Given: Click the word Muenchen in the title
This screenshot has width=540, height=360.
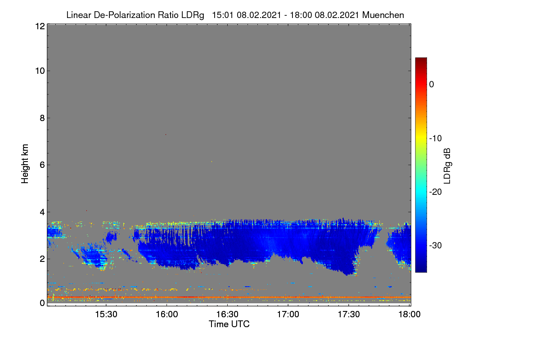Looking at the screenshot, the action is [383, 15].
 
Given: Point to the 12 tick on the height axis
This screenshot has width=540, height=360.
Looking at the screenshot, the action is [40, 26].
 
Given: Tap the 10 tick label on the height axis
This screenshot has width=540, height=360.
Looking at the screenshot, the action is [40, 71].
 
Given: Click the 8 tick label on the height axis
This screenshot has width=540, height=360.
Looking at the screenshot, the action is [42, 118].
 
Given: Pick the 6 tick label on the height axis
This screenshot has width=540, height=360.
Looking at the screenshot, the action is [42, 165].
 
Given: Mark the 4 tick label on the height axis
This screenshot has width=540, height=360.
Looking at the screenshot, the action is [42, 212].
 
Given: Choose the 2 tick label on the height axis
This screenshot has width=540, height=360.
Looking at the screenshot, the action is [42, 259].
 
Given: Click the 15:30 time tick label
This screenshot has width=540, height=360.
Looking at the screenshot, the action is [106, 314].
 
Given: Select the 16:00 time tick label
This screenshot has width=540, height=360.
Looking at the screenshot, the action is [167, 314].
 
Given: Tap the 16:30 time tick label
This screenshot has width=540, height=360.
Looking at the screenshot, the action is [227, 314].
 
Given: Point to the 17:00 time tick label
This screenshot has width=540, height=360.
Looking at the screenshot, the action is [288, 314].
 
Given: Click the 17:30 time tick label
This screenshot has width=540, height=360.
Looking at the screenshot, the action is [349, 314].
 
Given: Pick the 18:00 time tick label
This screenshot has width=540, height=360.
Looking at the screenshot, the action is [409, 314].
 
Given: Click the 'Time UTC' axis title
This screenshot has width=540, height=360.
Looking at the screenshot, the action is [229, 324].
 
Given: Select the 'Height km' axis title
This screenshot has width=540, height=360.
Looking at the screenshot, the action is [25, 164].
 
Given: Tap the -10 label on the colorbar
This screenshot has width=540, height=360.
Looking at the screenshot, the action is [436, 139].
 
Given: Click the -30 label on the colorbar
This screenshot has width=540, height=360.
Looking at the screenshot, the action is [436, 245].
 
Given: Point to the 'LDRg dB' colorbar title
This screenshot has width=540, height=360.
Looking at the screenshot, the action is [447, 166].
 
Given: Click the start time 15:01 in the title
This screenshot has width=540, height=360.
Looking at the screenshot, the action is [223, 15].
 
